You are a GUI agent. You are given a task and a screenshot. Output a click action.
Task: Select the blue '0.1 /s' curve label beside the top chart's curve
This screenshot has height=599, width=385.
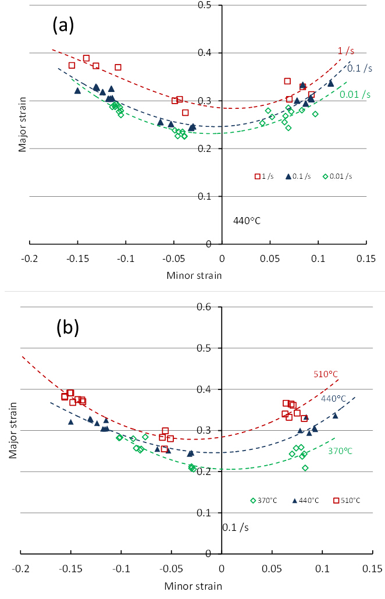pos(359,68)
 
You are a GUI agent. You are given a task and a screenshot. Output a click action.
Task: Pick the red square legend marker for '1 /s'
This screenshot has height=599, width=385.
pos(256,176)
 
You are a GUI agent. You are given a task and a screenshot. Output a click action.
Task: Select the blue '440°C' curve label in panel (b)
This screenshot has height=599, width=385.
pos(333,399)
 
